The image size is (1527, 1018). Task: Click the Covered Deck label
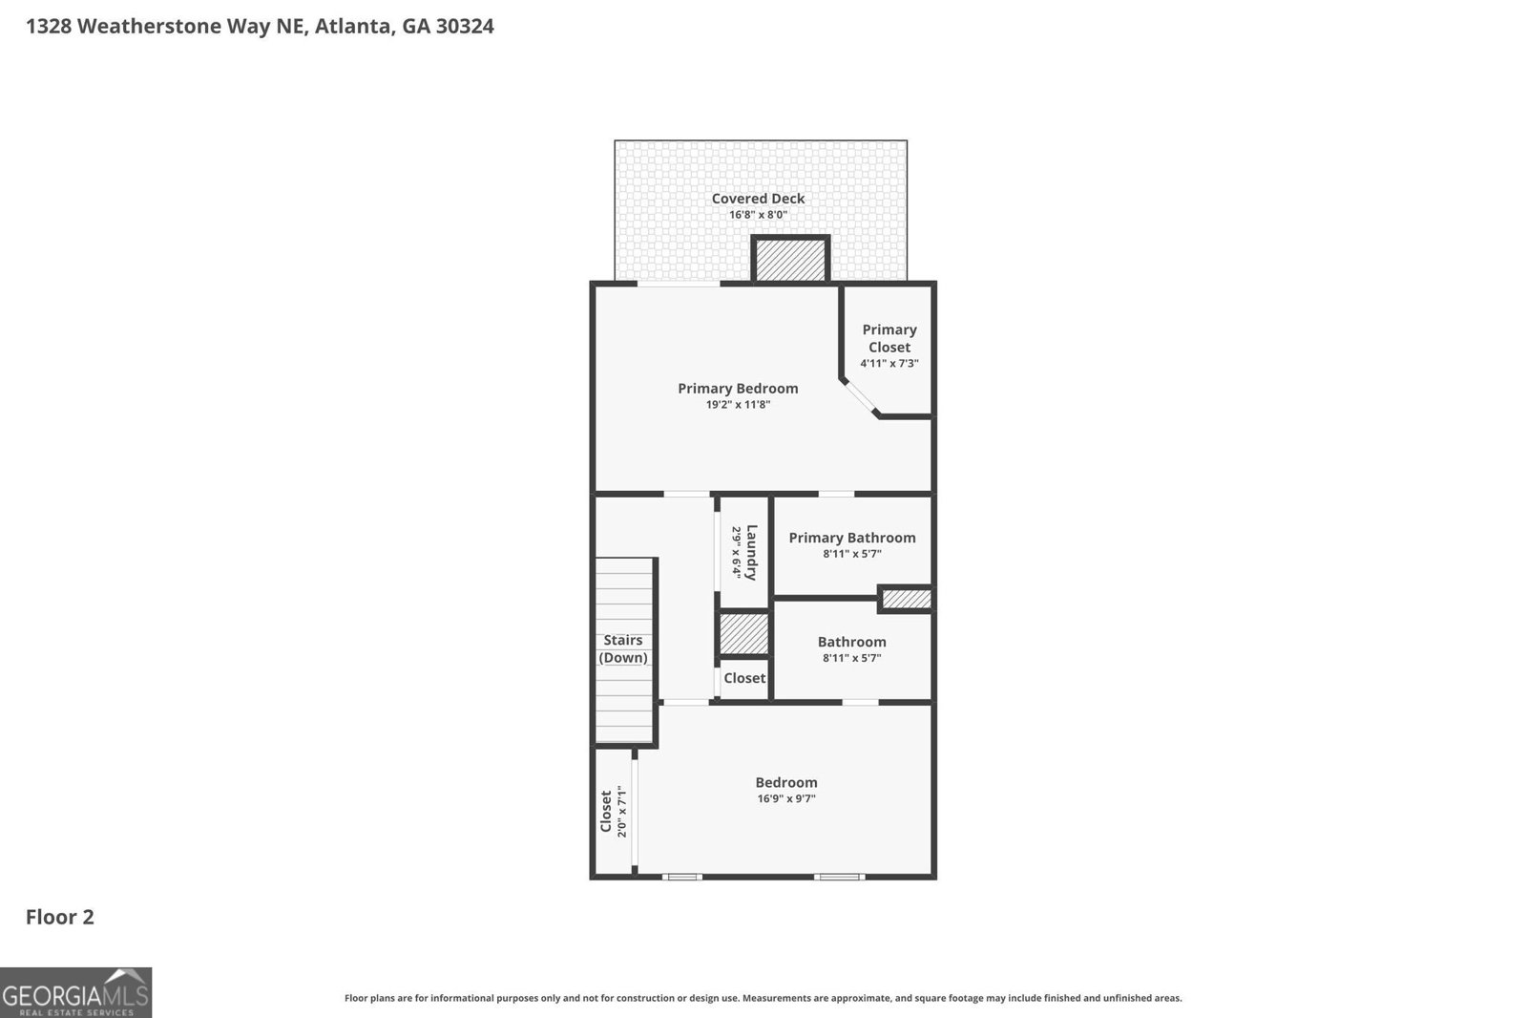tap(758, 199)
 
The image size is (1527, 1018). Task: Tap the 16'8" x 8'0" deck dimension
tap(758, 215)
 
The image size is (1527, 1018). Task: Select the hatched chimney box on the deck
tap(790, 261)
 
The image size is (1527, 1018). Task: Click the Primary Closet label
tap(889, 338)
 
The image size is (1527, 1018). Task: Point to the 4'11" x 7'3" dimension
tap(889, 364)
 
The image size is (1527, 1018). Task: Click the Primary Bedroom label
tap(738, 389)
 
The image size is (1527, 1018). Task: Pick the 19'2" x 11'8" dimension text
tap(738, 405)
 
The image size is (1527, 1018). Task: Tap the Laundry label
tap(752, 553)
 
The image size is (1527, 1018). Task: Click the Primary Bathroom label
tap(852, 538)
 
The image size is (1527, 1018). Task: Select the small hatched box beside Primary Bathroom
tap(906, 599)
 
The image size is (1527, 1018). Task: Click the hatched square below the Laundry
tap(743, 634)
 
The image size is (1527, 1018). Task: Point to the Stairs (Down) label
tap(623, 649)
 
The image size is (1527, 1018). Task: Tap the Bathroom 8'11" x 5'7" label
tap(852, 649)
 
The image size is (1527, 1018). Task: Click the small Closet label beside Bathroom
tap(744, 678)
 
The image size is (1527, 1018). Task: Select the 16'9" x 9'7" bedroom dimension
tap(786, 798)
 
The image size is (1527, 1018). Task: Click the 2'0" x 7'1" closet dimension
tap(621, 812)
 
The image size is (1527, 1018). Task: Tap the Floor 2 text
tap(60, 918)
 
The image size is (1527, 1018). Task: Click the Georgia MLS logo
tap(75, 993)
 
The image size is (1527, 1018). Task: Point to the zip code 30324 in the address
tap(465, 27)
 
